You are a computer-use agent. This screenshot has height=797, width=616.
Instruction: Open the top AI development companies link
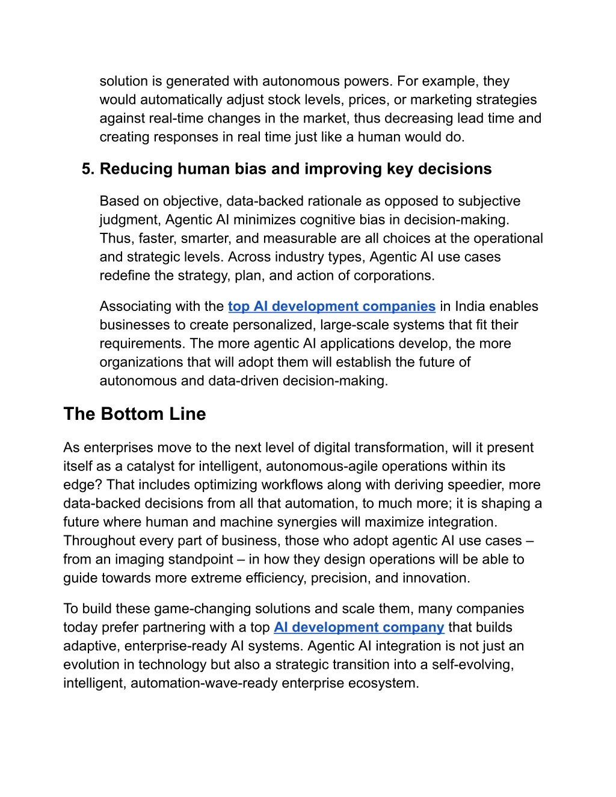click(x=331, y=307)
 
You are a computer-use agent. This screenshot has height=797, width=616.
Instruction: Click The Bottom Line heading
click(x=135, y=414)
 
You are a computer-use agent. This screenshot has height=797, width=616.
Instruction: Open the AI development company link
click(x=359, y=628)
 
